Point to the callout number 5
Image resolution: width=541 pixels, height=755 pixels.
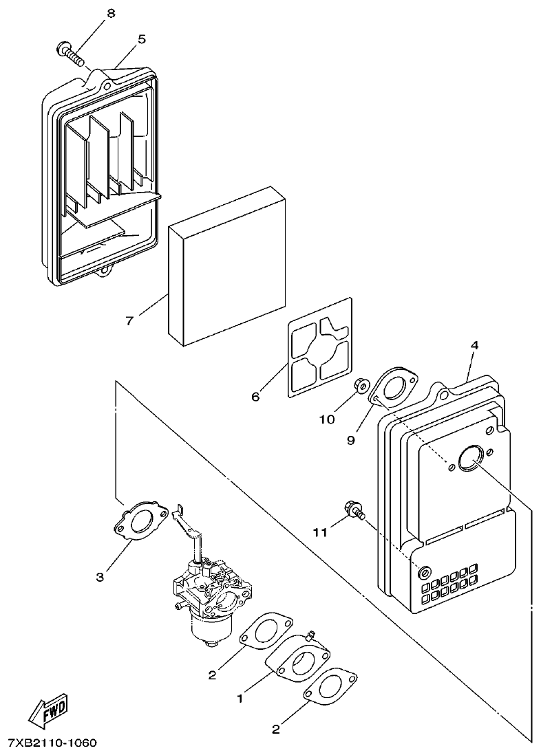[x=141, y=39]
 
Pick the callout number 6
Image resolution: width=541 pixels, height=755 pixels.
[x=255, y=397]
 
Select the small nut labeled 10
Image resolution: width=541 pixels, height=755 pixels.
[x=360, y=387]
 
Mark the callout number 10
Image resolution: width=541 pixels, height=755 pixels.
[x=326, y=419]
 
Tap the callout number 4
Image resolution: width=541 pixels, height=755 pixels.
[x=475, y=345]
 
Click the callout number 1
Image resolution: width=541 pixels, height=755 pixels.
[x=240, y=699]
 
